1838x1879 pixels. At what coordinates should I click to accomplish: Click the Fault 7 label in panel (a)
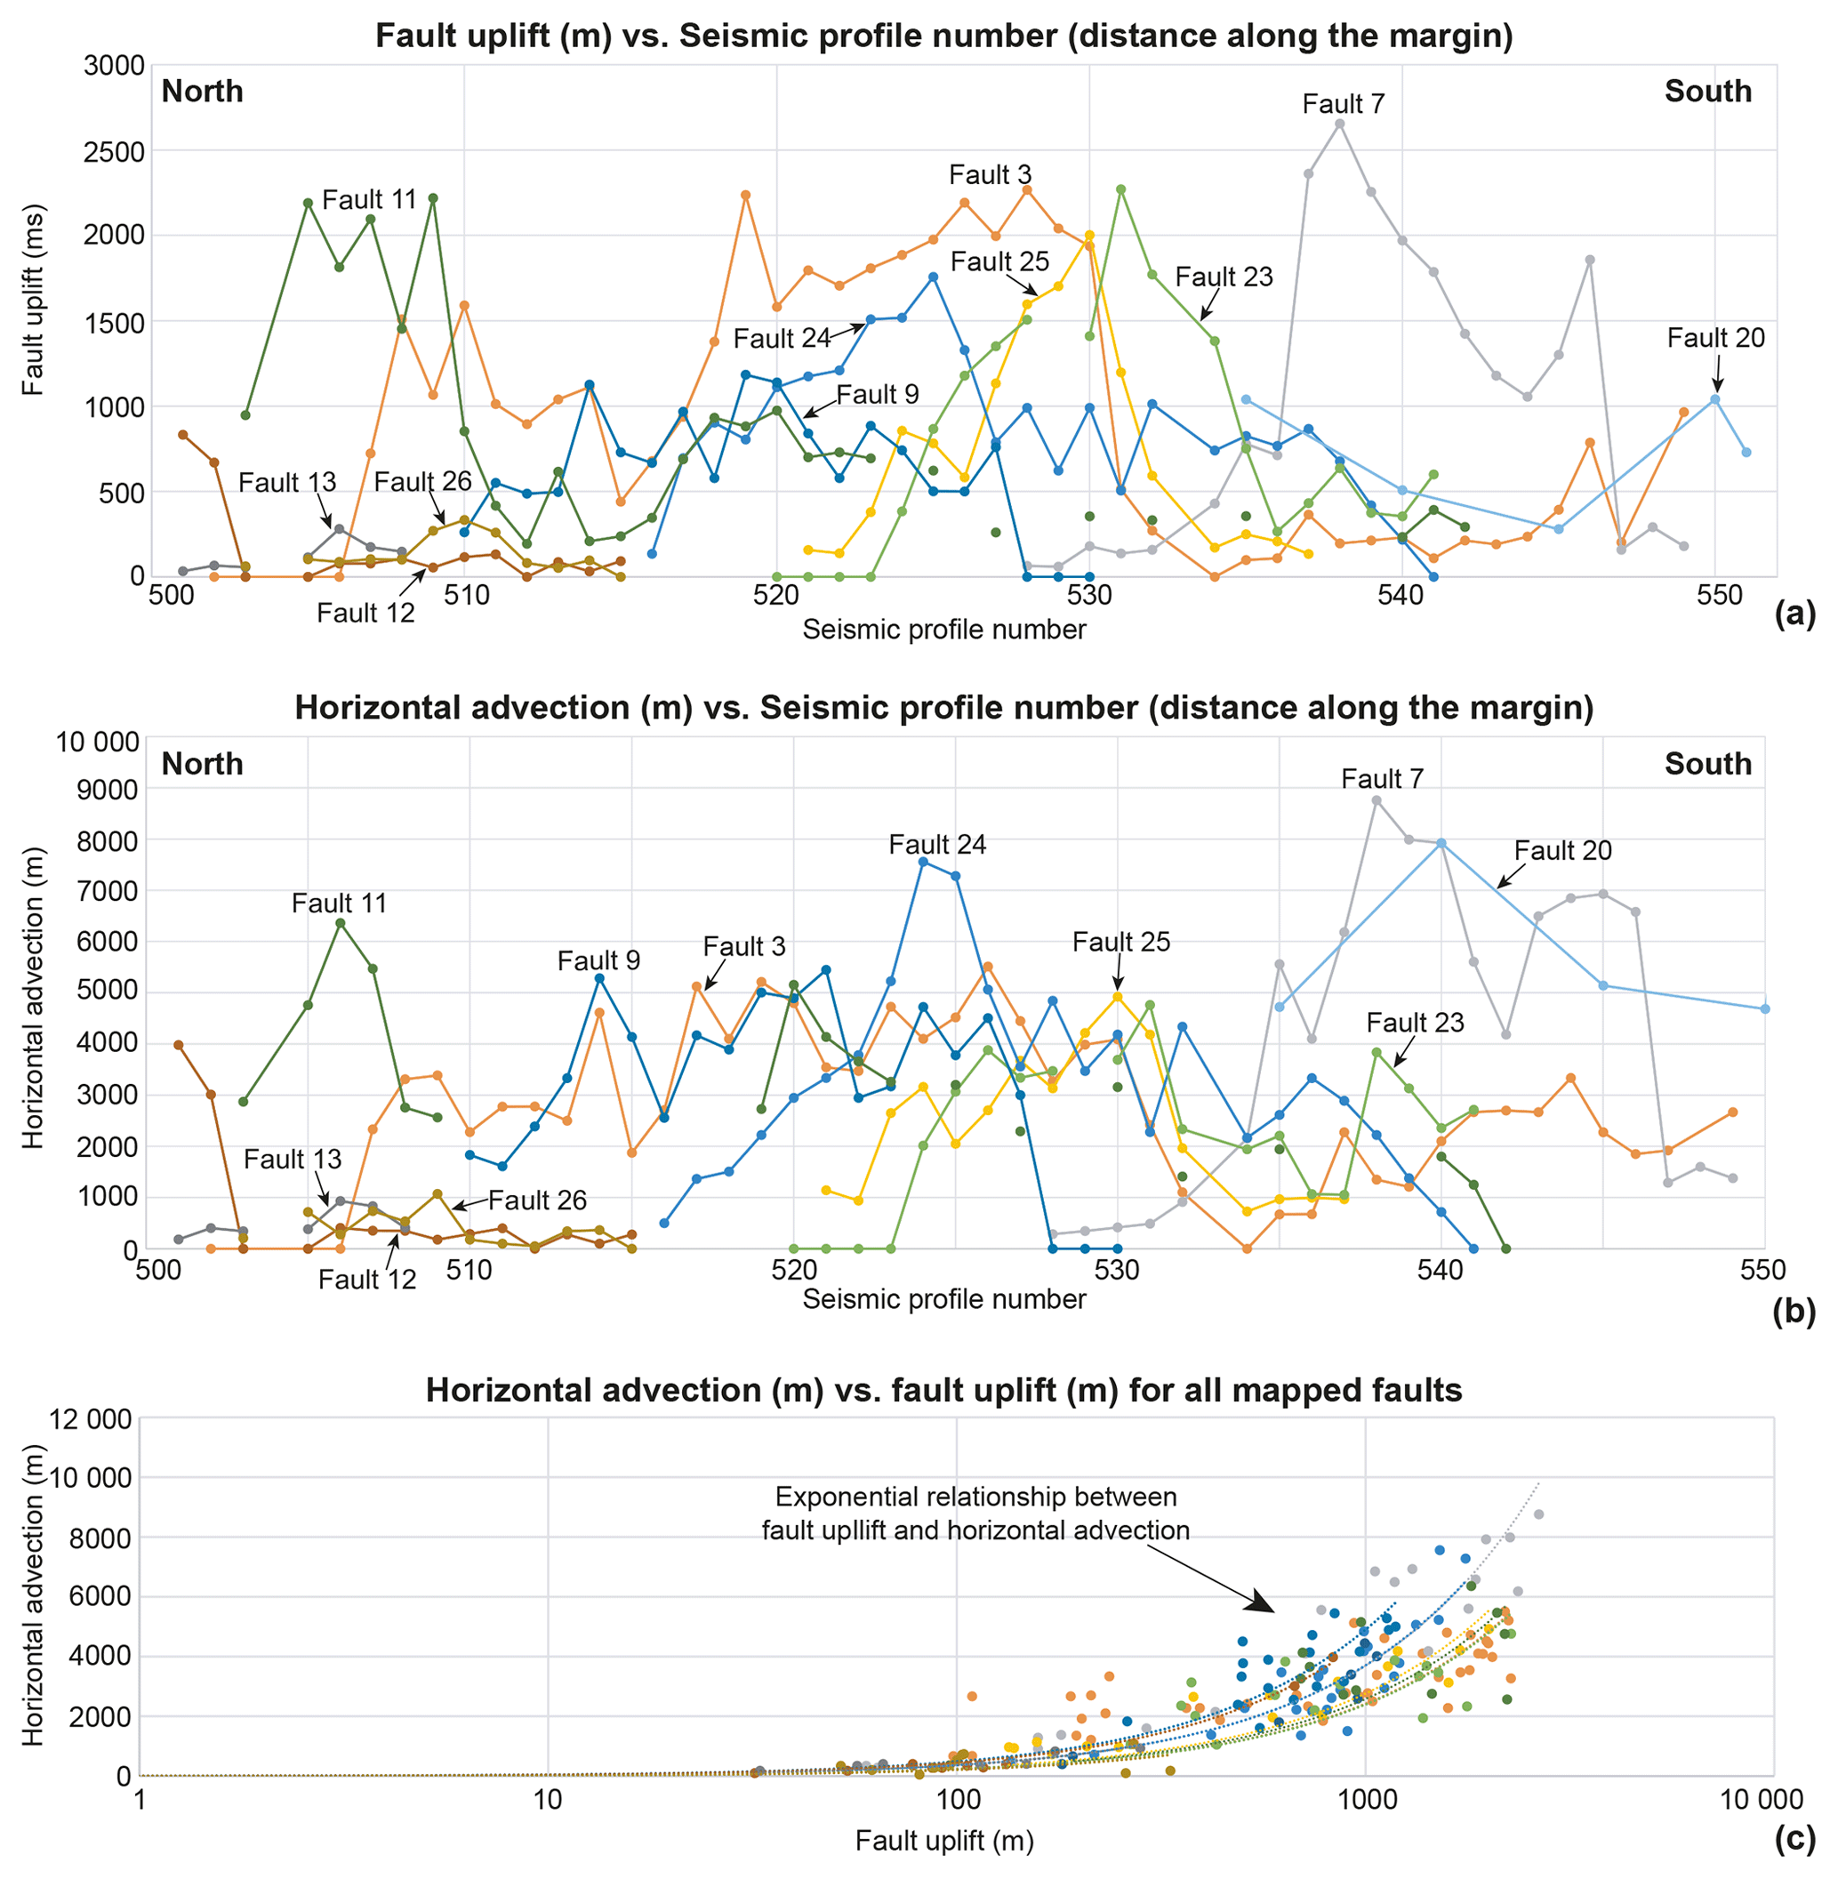[1343, 104]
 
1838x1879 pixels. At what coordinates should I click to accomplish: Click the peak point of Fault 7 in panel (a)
[1340, 124]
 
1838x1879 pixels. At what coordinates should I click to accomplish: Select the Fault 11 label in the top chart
[369, 200]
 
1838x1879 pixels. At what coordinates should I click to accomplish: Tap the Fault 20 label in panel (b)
[1563, 851]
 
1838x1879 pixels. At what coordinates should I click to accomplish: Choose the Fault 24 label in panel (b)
[937, 845]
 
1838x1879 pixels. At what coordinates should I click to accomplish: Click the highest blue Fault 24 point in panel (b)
[923, 862]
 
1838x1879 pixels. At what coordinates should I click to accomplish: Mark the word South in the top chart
[1707, 92]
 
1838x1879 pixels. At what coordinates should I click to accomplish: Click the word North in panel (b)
[202, 765]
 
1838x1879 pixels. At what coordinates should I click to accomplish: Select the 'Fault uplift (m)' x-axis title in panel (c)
[944, 1842]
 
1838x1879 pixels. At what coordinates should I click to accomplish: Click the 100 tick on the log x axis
[957, 1800]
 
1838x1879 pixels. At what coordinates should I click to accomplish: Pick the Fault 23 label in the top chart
[1224, 277]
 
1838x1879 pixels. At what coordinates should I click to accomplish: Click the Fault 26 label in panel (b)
[537, 1200]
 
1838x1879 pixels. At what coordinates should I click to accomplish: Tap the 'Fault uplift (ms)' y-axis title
[35, 300]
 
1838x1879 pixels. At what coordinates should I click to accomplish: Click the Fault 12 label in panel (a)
[365, 613]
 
